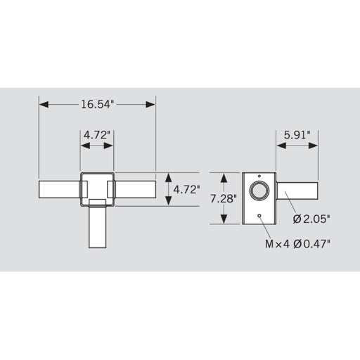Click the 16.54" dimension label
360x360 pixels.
[x=97, y=104]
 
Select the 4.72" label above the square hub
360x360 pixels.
[x=97, y=134]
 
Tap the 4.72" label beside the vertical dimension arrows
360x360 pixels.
[x=186, y=189]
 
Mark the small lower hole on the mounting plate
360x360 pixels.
[x=259, y=216]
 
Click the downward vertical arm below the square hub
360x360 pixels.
[x=97, y=228]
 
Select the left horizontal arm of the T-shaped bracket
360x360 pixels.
[x=60, y=189]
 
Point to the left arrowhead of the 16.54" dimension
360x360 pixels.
[x=43, y=104]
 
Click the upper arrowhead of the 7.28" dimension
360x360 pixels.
[x=224, y=175]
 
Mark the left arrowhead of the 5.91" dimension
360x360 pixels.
[x=280, y=146]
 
